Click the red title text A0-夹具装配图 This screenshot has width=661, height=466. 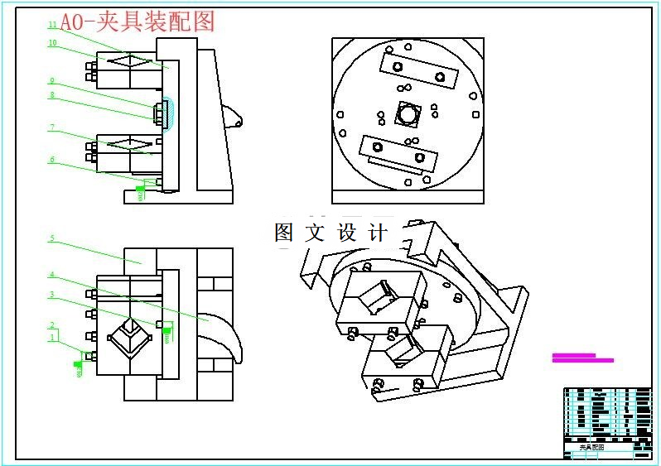click(138, 22)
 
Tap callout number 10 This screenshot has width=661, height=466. click(52, 43)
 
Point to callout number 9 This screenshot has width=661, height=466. click(51, 81)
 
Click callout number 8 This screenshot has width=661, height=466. click(51, 95)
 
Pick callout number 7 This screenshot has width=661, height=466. click(51, 128)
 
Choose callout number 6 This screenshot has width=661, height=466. click(51, 161)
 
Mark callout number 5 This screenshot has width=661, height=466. click(51, 238)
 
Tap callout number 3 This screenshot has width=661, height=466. click(51, 295)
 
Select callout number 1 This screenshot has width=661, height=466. click(52, 337)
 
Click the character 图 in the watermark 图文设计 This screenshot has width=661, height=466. click(284, 233)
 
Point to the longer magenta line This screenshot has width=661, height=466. click(582, 360)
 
